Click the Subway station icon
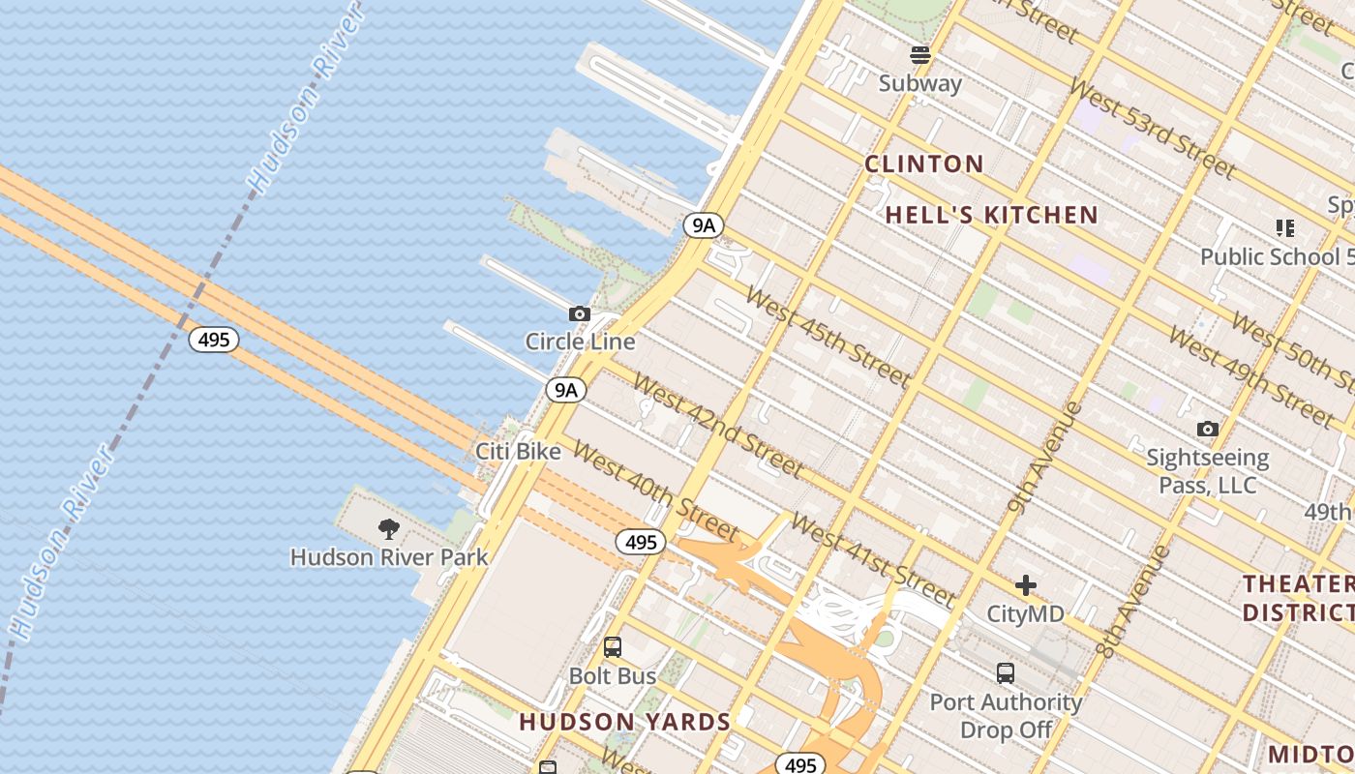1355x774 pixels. point(920,55)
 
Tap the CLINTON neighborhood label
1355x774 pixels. point(924,164)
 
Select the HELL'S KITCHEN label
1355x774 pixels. point(992,215)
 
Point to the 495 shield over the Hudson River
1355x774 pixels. point(214,340)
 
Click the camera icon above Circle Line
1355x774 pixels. point(580,313)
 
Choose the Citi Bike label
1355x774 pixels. point(518,451)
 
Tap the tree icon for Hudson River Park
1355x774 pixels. point(389,528)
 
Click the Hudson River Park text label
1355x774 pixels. point(389,557)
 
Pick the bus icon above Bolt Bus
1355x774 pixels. point(613,647)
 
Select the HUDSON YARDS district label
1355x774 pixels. point(625,722)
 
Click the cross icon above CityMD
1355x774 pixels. point(1026,585)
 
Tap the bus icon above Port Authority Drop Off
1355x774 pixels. point(1006,673)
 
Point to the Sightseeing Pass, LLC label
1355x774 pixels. point(1208,470)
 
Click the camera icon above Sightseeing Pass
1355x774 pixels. point(1208,429)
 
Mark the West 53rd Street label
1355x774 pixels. point(1152,128)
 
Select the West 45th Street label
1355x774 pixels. point(828,338)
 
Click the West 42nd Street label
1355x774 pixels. point(717,426)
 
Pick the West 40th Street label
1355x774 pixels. point(655,491)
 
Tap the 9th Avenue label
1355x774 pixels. point(1044,458)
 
